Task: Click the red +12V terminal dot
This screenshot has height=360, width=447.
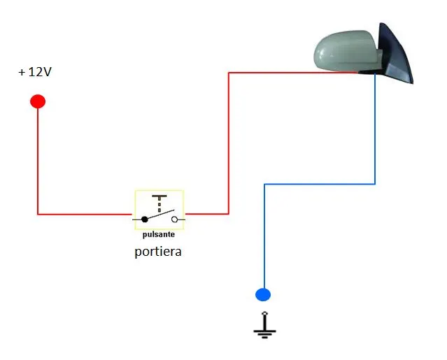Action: click(x=38, y=101)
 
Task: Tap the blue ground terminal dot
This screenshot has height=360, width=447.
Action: click(x=263, y=294)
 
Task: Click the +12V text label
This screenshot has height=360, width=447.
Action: click(x=35, y=72)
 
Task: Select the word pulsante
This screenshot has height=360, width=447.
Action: click(x=159, y=234)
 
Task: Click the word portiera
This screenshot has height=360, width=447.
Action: click(x=158, y=252)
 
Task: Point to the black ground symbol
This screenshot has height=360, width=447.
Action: click(x=264, y=325)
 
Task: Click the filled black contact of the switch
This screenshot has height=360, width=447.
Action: click(x=145, y=219)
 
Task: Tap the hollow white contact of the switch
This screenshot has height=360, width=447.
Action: click(x=174, y=219)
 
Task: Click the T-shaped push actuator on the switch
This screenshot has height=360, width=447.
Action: click(x=159, y=196)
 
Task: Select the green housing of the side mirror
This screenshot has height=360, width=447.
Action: click(x=348, y=51)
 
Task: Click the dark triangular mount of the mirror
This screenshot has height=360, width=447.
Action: click(x=395, y=54)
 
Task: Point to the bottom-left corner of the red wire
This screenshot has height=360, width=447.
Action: click(x=38, y=214)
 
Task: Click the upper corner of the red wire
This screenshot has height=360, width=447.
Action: click(x=229, y=73)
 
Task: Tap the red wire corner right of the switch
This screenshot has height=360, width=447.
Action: click(x=229, y=214)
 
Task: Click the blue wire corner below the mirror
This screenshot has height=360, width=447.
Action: click(x=375, y=184)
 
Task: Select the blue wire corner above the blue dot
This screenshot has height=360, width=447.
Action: click(x=264, y=185)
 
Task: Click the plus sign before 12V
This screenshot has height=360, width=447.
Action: click(x=22, y=72)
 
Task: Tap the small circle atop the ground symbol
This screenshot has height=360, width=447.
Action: click(x=265, y=313)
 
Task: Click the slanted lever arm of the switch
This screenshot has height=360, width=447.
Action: click(x=160, y=215)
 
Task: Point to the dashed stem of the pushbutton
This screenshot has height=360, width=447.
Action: click(x=159, y=205)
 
